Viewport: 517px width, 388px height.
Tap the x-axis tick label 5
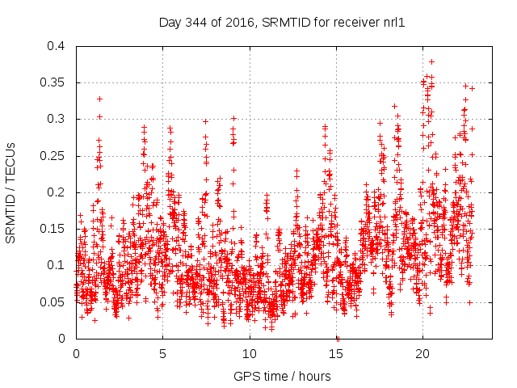pyautogui.click(x=162, y=354)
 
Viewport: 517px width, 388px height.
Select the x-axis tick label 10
pyautogui.click(x=249, y=354)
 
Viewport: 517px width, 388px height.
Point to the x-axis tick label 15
pyautogui.click(x=335, y=354)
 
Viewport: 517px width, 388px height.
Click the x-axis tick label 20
pyautogui.click(x=422, y=354)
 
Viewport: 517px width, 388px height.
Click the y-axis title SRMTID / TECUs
pyautogui.click(x=11, y=192)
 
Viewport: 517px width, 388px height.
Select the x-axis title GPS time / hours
pyautogui.click(x=282, y=376)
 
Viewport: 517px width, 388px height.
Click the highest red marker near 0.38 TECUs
pyautogui.click(x=431, y=61)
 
